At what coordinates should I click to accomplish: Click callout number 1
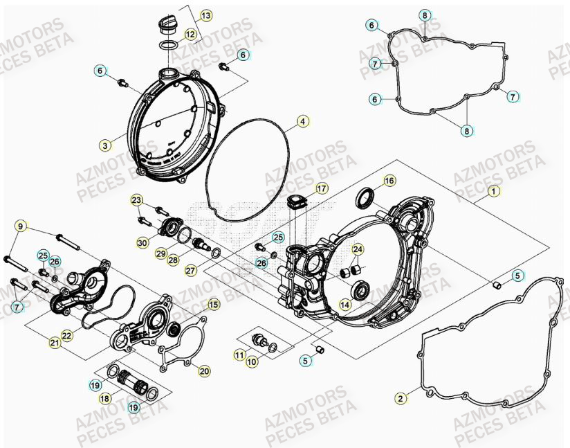[493, 190]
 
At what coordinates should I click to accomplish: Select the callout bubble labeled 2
[400, 397]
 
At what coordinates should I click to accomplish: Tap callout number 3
[104, 145]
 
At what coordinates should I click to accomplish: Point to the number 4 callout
[302, 122]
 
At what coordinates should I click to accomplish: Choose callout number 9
[20, 226]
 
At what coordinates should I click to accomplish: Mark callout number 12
[190, 34]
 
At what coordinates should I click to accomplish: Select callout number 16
[389, 181]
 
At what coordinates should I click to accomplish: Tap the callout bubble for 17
[322, 188]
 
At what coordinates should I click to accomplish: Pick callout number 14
[344, 303]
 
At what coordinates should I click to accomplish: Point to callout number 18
[105, 399]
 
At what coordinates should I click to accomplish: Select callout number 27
[190, 271]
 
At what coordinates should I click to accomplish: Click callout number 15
[213, 304]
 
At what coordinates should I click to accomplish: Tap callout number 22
[67, 336]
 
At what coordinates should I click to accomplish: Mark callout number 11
[239, 355]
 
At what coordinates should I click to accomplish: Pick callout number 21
[55, 342]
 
